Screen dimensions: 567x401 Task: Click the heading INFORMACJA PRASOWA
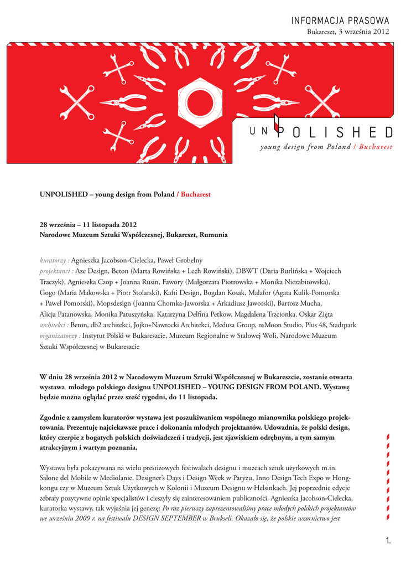click(x=341, y=20)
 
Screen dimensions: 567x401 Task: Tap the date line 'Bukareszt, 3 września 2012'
click(x=348, y=32)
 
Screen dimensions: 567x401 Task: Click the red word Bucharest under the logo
click(x=375, y=147)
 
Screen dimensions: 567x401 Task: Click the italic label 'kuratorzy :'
click(x=54, y=260)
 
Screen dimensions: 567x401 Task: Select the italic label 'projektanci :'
click(x=57, y=271)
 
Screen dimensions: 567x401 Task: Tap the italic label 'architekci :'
click(x=54, y=324)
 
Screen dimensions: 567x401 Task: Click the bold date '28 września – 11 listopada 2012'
click(x=88, y=224)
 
